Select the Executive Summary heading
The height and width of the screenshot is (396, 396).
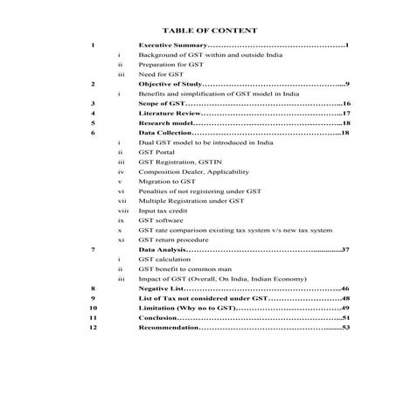pos(172,45)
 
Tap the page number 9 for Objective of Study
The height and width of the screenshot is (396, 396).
pos(346,84)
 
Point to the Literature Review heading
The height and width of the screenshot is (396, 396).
pos(170,114)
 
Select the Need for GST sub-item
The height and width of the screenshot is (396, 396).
pos(158,74)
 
